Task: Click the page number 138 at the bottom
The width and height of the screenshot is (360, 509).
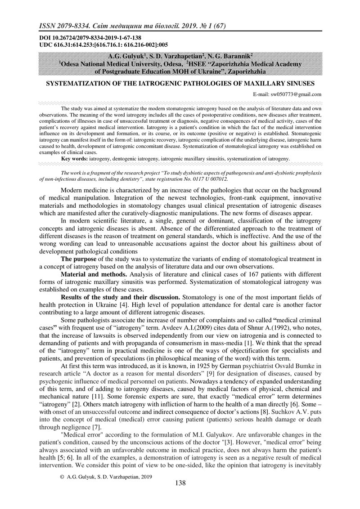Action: [x=180, y=483]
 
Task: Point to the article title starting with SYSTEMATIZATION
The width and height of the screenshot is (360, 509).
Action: [x=180, y=84]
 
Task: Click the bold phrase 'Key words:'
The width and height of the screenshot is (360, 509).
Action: [x=75, y=159]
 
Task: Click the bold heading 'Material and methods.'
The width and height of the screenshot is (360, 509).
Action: [x=90, y=275]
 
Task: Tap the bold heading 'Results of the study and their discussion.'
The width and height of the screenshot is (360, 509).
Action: [x=120, y=298]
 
